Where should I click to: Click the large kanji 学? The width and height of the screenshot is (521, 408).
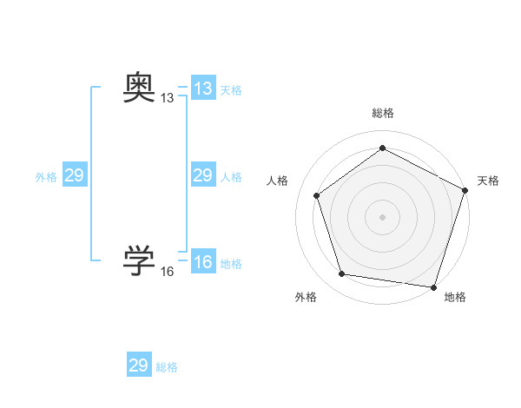(x=140, y=260)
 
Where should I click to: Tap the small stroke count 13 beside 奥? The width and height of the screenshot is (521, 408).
(x=167, y=99)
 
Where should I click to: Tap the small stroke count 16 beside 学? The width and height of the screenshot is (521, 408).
(x=167, y=272)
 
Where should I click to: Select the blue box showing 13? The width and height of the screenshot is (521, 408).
(x=202, y=89)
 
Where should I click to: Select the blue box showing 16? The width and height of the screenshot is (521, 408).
(x=202, y=262)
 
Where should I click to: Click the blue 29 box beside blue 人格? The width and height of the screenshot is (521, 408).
(x=202, y=175)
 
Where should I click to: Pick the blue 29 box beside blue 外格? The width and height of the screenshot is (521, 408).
(x=74, y=175)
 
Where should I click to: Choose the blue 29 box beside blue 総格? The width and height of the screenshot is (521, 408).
(x=138, y=365)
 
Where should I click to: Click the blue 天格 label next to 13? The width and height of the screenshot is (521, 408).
(x=231, y=90)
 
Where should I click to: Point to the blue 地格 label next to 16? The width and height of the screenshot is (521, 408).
(x=231, y=264)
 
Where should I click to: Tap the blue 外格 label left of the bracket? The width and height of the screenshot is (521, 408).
(x=46, y=177)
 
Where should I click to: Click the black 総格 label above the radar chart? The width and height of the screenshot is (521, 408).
(x=382, y=113)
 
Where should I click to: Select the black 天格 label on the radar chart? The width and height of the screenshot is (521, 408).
(x=488, y=181)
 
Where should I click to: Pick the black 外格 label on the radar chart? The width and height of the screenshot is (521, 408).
(x=306, y=297)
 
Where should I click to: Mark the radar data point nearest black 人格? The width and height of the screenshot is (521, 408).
(x=317, y=195)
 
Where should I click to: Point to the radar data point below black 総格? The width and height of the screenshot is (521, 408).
(x=382, y=148)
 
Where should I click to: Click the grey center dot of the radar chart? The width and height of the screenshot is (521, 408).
(x=382, y=216)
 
